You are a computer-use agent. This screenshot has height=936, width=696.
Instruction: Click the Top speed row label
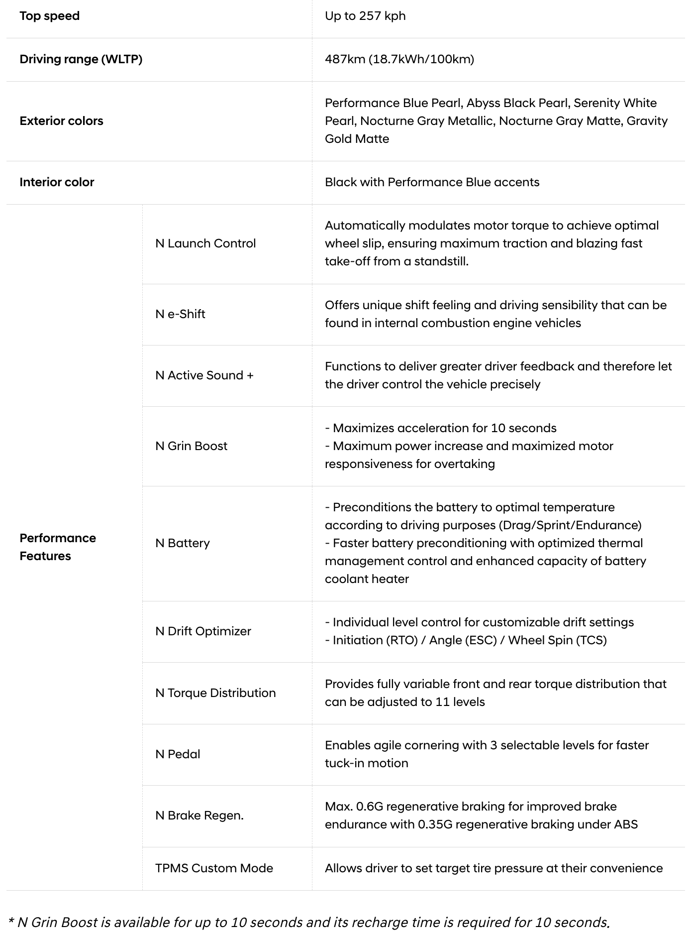tap(49, 16)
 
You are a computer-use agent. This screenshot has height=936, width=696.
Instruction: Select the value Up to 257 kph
tap(365, 16)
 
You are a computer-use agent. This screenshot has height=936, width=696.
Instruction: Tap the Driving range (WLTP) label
tap(81, 59)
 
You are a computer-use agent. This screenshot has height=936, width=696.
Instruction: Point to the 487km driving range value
tap(399, 59)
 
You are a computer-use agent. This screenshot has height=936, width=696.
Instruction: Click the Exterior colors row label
tap(61, 121)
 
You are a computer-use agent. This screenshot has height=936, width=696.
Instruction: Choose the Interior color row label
tap(57, 182)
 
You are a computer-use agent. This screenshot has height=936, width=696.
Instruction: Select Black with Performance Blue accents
tap(432, 182)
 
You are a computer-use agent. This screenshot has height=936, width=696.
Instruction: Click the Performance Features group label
tap(58, 547)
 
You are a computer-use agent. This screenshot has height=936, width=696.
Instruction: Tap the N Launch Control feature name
tap(205, 243)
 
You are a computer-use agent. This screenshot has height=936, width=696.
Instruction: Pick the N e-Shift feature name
tap(180, 314)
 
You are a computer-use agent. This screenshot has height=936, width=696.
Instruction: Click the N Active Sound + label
tap(204, 375)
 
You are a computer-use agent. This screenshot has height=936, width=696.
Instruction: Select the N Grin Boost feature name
tap(191, 446)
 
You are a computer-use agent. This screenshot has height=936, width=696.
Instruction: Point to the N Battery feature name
tap(183, 543)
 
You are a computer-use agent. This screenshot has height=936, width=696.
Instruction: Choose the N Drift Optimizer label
tap(203, 631)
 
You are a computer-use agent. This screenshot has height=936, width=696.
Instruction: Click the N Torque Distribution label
tap(215, 693)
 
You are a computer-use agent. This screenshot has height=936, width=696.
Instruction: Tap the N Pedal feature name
tap(178, 754)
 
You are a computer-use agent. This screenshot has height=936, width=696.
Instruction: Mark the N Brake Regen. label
tap(199, 816)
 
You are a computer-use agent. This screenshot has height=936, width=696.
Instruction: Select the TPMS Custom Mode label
tap(214, 868)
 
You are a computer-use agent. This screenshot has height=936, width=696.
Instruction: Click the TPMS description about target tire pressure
tap(494, 868)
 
